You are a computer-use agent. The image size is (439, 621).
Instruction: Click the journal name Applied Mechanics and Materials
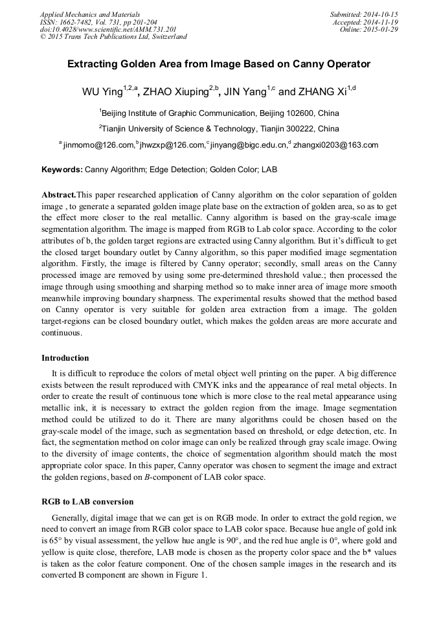tap(90, 14)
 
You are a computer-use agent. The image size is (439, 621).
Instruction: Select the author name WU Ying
tap(102, 92)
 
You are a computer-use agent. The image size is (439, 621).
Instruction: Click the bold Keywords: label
tap(62, 170)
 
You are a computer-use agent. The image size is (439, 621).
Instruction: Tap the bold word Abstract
tap(58, 195)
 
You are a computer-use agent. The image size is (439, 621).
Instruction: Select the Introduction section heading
tap(65, 357)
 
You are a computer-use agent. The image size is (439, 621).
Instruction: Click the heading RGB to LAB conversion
tap(87, 501)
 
